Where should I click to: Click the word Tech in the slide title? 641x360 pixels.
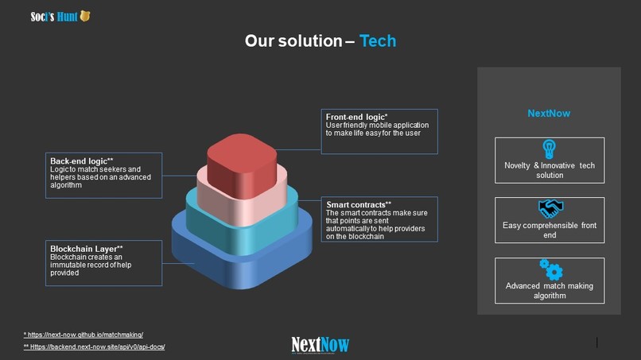tap(377, 41)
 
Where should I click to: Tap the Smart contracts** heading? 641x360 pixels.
tap(359, 204)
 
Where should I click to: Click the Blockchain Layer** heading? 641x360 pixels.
tap(87, 249)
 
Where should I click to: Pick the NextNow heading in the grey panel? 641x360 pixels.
tap(549, 113)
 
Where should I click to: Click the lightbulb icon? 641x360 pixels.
tap(549, 149)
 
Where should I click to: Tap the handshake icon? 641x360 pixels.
tap(550, 208)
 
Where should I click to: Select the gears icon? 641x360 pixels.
tap(550, 269)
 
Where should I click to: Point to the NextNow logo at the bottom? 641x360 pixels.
tap(320, 345)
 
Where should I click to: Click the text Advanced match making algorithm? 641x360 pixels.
tap(550, 291)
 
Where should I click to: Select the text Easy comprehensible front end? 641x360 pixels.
tap(550, 230)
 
